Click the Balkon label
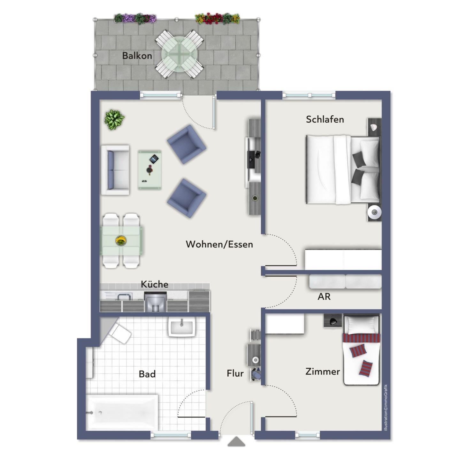137,56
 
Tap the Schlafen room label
325,119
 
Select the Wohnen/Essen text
219,244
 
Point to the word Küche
154,284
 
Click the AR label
324,296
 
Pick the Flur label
235,373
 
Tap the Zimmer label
323,372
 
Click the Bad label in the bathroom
147,374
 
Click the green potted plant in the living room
114,119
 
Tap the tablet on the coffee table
154,159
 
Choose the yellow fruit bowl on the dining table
121,241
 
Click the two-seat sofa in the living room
115,170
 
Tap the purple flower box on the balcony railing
135,19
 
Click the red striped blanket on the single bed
361,338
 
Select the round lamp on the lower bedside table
374,211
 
